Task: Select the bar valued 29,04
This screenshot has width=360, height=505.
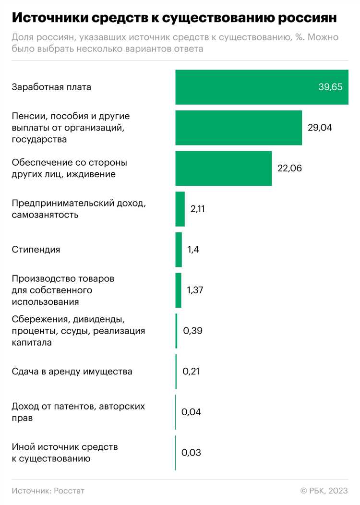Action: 239,128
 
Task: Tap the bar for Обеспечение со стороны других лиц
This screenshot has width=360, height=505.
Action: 223,168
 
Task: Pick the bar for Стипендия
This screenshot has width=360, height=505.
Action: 179,250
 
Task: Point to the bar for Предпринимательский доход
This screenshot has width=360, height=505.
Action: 180,209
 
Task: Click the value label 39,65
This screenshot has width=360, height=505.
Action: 330,87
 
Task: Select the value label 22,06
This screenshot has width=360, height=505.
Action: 290,168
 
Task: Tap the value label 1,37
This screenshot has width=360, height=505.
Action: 195,290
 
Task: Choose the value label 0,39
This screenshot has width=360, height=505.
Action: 192,331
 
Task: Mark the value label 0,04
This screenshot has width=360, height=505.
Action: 191,412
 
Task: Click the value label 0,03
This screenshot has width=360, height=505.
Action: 191,453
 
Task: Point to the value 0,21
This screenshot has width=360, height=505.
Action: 191,372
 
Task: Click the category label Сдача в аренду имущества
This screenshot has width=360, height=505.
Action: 72,372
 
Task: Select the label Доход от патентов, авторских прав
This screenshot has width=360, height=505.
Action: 78,412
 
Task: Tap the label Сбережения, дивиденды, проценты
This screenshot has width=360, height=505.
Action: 78,331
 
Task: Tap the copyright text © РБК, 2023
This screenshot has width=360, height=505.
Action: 324,491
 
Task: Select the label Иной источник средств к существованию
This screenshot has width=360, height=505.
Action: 64,453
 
